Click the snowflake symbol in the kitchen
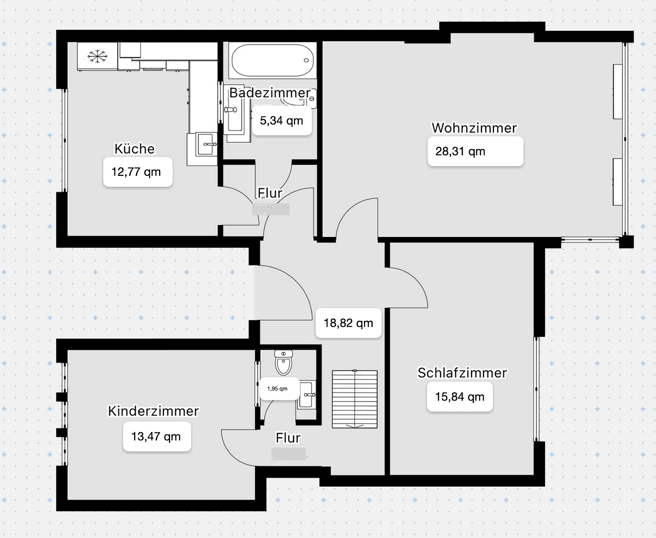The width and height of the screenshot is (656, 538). pyautogui.click(x=97, y=57)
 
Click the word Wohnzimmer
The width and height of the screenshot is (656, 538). pyautogui.click(x=474, y=128)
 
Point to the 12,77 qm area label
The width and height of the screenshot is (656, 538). pyautogui.click(x=137, y=172)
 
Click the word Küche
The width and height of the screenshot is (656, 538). pyautogui.click(x=135, y=149)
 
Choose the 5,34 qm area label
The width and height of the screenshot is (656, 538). pyautogui.click(x=282, y=121)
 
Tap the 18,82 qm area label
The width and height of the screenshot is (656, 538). pyautogui.click(x=348, y=323)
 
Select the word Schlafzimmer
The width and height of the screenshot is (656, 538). pyautogui.click(x=462, y=373)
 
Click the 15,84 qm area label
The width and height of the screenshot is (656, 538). pyautogui.click(x=460, y=397)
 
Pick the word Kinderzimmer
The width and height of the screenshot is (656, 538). pyautogui.click(x=154, y=411)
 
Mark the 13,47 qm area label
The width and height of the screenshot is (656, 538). pyautogui.click(x=157, y=437)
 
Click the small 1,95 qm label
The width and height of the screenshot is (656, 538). pyautogui.click(x=278, y=389)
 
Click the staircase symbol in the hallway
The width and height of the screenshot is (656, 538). pyautogui.click(x=354, y=399)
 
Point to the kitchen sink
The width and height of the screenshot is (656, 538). pyautogui.click(x=207, y=145)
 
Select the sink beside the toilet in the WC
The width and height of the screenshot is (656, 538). pyautogui.click(x=307, y=395)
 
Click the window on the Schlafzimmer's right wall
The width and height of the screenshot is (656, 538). pyautogui.click(x=537, y=389)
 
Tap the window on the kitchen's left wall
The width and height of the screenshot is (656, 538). pyautogui.click(x=64, y=140)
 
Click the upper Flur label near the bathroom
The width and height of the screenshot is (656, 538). pyautogui.click(x=270, y=193)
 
